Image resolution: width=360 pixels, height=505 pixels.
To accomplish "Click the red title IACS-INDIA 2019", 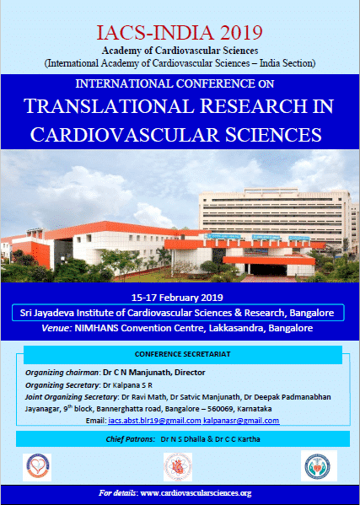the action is (x=180, y=32).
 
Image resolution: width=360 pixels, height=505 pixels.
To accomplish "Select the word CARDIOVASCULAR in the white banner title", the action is (x=125, y=134).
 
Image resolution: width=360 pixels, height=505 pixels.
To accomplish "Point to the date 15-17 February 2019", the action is (x=177, y=298).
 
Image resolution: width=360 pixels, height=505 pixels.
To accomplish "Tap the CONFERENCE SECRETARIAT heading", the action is (x=183, y=354).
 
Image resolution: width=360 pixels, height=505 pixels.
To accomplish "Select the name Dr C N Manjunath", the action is (x=137, y=373).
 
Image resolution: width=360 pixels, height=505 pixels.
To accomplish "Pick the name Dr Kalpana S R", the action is (x=127, y=385).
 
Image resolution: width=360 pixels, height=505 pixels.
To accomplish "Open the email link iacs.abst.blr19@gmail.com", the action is (x=154, y=421).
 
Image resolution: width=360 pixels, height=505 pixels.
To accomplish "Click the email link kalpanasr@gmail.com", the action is (x=241, y=421).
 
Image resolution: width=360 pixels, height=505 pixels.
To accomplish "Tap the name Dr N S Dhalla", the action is (x=182, y=439).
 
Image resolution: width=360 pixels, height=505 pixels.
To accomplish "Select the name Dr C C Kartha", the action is (x=238, y=439).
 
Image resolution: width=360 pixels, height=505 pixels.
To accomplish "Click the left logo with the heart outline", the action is (x=37, y=467).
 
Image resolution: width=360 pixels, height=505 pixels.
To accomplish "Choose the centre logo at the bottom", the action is (x=178, y=467).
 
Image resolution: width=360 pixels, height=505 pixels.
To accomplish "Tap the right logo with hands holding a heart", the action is (x=319, y=465).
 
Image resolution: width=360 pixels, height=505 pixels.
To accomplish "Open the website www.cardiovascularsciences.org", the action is (x=196, y=493).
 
